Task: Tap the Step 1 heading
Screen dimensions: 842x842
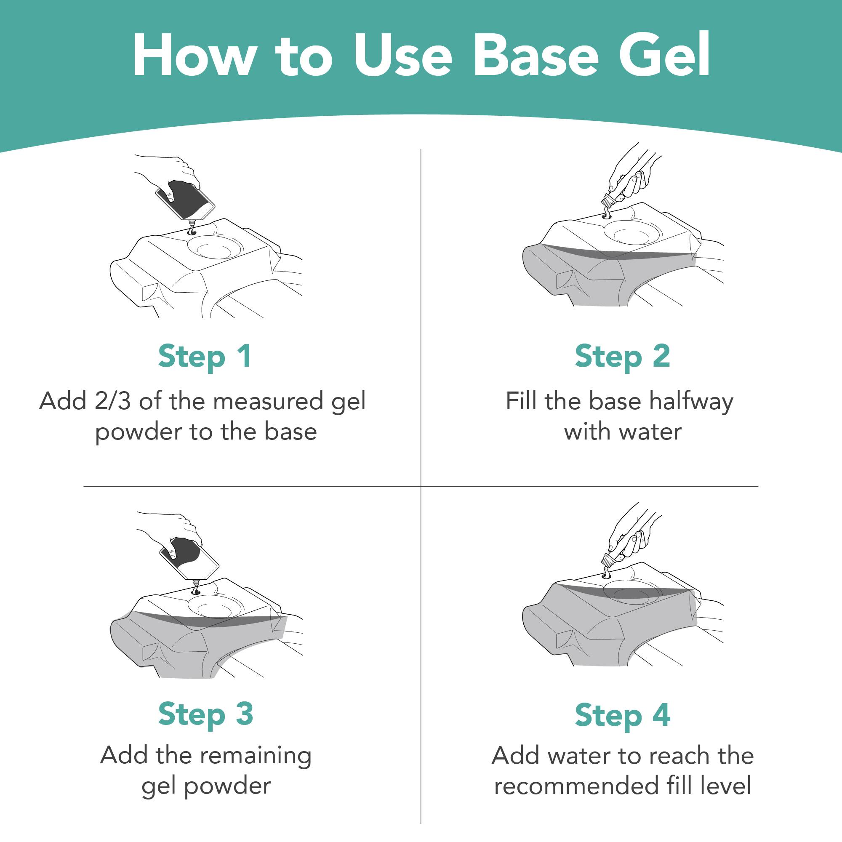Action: pyautogui.click(x=205, y=356)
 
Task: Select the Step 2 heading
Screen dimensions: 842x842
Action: pyautogui.click(x=622, y=356)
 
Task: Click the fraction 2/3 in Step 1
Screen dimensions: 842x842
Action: pyautogui.click(x=112, y=401)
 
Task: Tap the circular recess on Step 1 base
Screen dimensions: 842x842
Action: pyautogui.click(x=215, y=248)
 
